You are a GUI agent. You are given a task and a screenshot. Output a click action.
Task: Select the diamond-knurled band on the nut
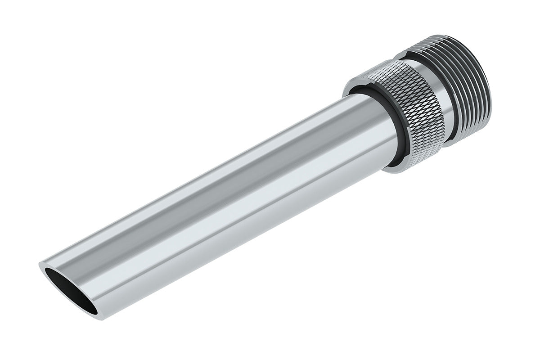[x=407, y=108]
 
